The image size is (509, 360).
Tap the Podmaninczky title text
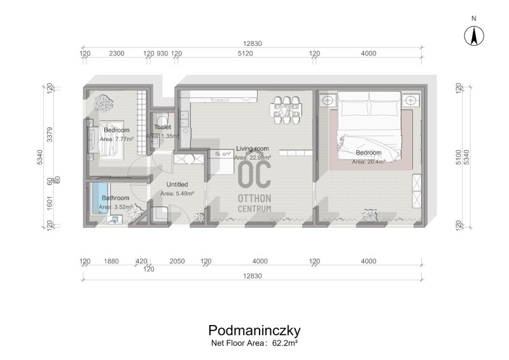point(254,331)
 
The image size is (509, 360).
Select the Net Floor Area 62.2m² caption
point(254,343)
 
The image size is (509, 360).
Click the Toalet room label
point(162,127)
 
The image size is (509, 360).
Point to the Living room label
point(252,149)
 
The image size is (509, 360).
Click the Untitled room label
point(177,184)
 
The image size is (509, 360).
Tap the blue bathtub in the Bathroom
point(100,198)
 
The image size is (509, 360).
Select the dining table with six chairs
point(286,110)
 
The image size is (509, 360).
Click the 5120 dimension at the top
point(245,53)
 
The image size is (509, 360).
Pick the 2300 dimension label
point(116,53)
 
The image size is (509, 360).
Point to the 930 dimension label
point(162,53)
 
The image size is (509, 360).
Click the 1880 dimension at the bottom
point(111,261)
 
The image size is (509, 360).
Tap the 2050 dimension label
point(177,261)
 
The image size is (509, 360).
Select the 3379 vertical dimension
point(50,134)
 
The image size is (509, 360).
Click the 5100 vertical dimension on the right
point(458,157)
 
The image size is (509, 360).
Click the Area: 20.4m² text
point(368,162)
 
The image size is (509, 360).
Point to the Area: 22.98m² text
point(253,158)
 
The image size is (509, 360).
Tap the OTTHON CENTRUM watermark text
point(254,204)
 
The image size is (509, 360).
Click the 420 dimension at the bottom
point(141,261)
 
